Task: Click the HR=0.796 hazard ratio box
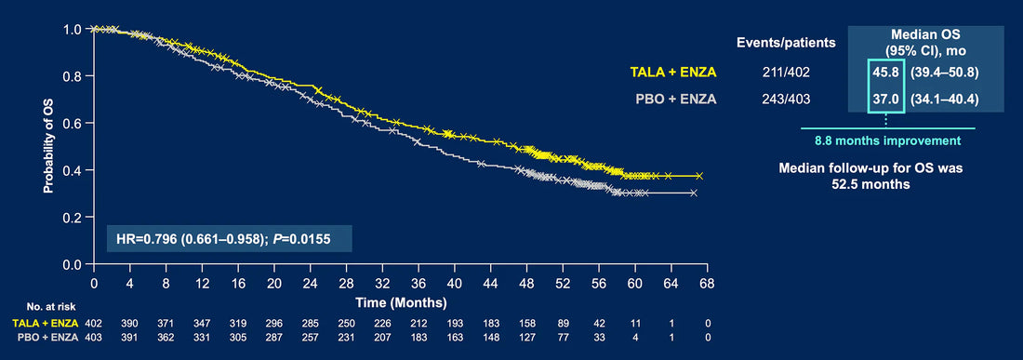coord(230,239)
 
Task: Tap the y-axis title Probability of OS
coord(48,145)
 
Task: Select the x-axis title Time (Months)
coord(401,302)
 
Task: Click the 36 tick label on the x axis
coord(418,285)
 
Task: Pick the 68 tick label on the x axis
coord(707,285)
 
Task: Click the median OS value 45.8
coord(886,73)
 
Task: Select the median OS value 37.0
coord(886,100)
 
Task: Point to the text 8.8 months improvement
coord(888,140)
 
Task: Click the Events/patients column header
coord(786,44)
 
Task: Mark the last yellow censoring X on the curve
coord(699,176)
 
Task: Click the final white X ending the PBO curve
coord(694,193)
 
